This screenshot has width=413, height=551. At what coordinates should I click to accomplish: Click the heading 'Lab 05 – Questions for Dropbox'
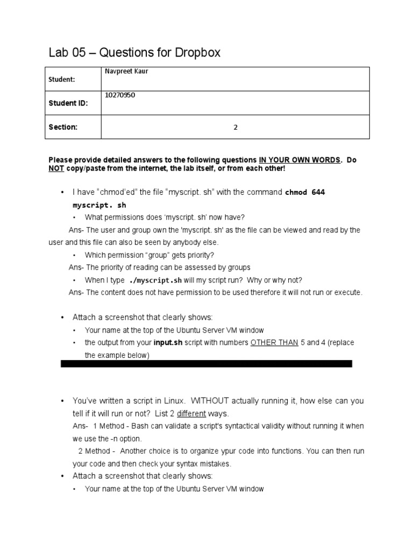134,53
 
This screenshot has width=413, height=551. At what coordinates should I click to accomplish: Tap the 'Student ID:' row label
68,103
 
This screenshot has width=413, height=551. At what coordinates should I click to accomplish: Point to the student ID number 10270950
120,95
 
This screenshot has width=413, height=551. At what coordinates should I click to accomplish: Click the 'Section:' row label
64,127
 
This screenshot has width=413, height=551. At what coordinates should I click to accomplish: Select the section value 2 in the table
235,128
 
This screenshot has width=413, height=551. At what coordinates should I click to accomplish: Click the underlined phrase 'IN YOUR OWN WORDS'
300,160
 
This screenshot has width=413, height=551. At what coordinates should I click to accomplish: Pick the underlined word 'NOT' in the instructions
56,168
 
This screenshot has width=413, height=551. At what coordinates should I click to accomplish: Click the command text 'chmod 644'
305,192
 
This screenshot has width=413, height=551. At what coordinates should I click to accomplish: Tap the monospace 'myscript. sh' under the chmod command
100,205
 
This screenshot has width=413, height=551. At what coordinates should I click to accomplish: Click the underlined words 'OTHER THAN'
274,343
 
